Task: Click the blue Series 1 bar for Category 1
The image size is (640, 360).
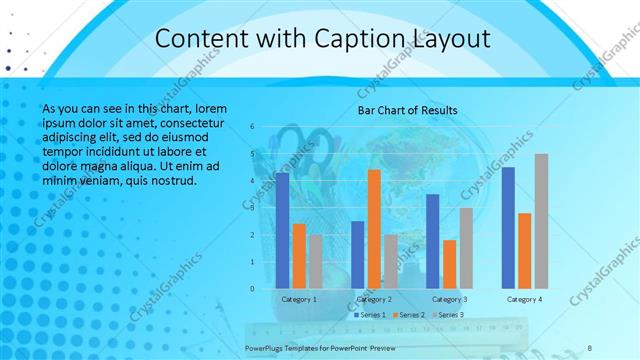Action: (282, 231)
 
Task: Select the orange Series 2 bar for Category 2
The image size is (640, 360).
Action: (374, 229)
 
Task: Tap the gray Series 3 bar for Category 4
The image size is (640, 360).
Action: (541, 221)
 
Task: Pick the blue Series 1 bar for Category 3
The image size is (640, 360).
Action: (432, 241)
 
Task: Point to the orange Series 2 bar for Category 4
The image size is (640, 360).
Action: (525, 251)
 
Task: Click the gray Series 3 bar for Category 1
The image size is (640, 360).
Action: (315, 262)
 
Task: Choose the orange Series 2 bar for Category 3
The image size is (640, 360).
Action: (449, 264)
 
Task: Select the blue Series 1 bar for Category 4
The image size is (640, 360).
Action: (508, 228)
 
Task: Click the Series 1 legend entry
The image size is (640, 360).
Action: (369, 315)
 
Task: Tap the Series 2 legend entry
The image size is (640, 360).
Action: (408, 315)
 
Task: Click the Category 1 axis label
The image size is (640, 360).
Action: (298, 299)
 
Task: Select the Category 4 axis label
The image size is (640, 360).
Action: (524, 299)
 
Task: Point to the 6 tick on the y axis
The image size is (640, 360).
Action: (252, 126)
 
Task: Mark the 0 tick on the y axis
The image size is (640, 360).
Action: (252, 289)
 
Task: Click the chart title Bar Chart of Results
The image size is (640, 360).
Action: (407, 110)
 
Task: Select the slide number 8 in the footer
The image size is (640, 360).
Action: (590, 346)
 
